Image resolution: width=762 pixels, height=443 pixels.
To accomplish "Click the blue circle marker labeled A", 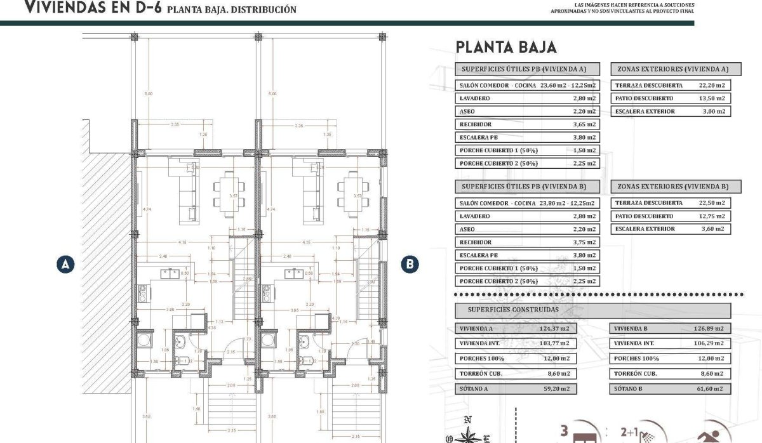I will (x=65, y=264).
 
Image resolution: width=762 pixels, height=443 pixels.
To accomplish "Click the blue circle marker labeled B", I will (x=411, y=264).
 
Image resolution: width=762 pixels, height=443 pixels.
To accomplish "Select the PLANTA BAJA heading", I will (x=506, y=47).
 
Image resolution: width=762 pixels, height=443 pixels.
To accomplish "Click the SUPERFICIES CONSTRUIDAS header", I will (x=513, y=310).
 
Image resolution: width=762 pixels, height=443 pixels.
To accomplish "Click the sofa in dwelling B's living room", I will (x=310, y=190).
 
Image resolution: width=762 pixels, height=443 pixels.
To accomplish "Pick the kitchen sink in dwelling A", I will (x=170, y=274).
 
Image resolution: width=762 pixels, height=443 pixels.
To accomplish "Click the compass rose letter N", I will (x=468, y=420).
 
